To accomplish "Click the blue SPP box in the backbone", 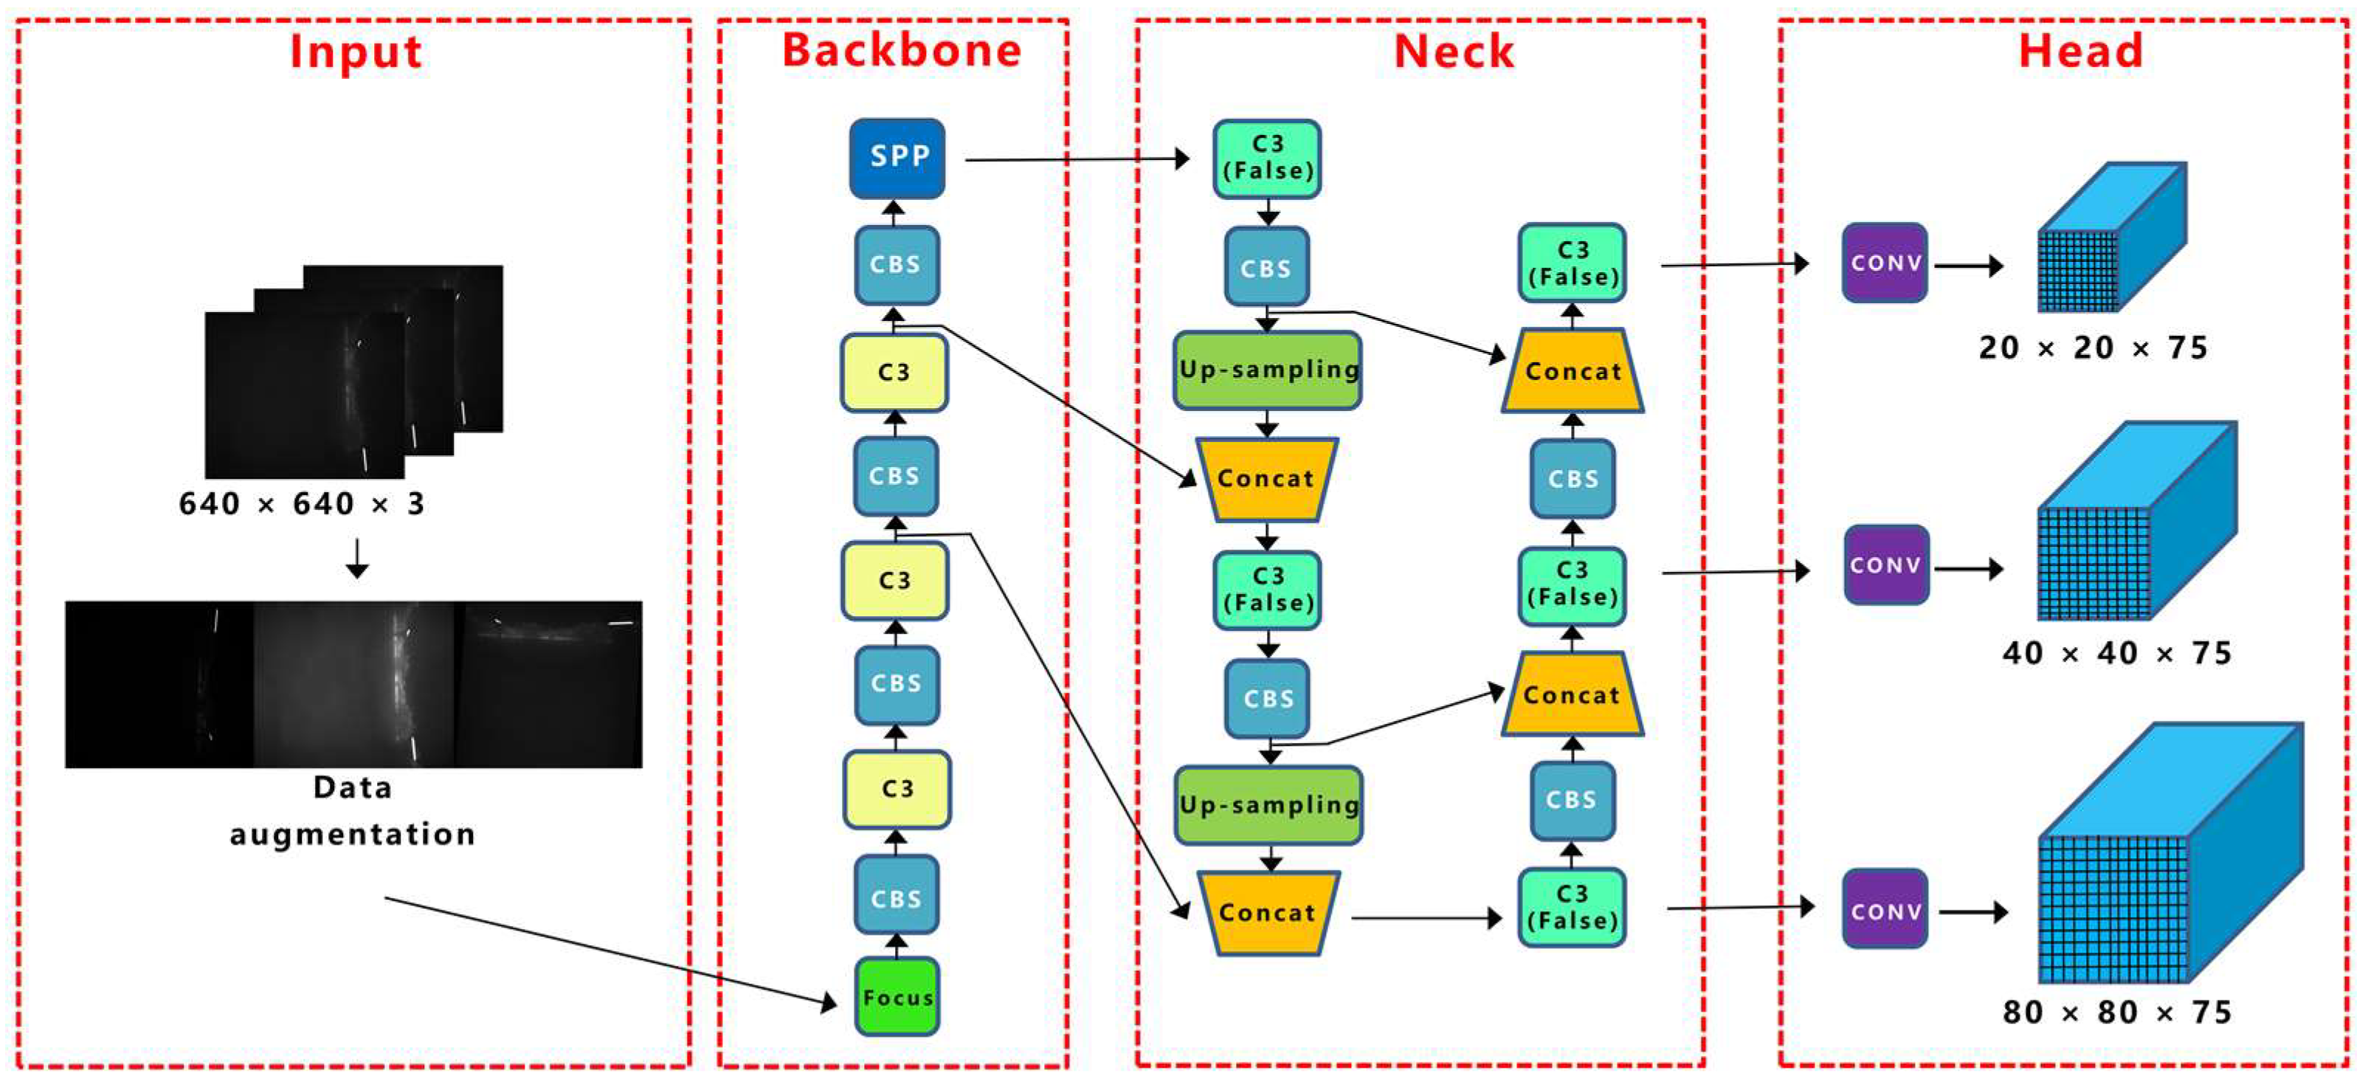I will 897,158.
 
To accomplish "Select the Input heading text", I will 356,52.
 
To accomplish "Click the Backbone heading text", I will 901,49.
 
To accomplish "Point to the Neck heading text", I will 1453,52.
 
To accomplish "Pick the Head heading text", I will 2080,51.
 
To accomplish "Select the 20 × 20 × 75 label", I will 2092,348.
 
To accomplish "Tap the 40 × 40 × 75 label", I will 2116,653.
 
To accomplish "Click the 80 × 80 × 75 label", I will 2116,1012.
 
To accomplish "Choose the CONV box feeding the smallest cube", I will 1885,263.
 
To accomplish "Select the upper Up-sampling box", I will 1267,370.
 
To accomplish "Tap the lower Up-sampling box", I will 1268,805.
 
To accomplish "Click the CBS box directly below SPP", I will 897,265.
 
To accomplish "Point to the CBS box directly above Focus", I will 897,897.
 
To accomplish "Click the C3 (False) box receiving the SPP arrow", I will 1267,158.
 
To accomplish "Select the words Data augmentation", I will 352,811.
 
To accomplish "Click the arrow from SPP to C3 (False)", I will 1076,160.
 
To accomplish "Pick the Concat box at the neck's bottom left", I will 1267,912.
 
